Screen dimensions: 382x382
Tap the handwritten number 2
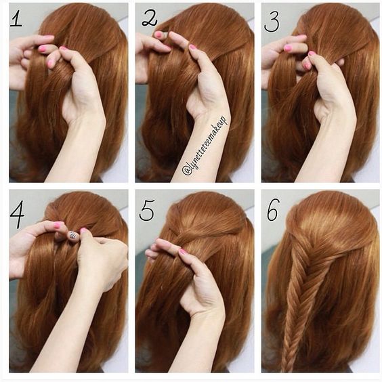149,18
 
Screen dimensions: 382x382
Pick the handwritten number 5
146,211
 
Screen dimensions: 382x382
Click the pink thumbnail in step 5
183,252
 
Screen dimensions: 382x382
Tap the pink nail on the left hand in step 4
59,226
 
